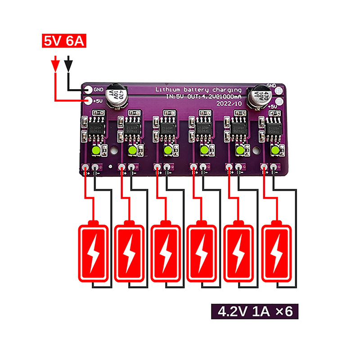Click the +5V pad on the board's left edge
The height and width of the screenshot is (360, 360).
tap(89, 101)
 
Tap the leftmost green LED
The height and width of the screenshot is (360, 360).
tap(96, 150)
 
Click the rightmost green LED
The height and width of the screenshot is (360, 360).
tap(275, 150)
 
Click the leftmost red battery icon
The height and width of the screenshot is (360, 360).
tap(94, 252)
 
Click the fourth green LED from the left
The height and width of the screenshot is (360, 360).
tap(204, 150)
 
